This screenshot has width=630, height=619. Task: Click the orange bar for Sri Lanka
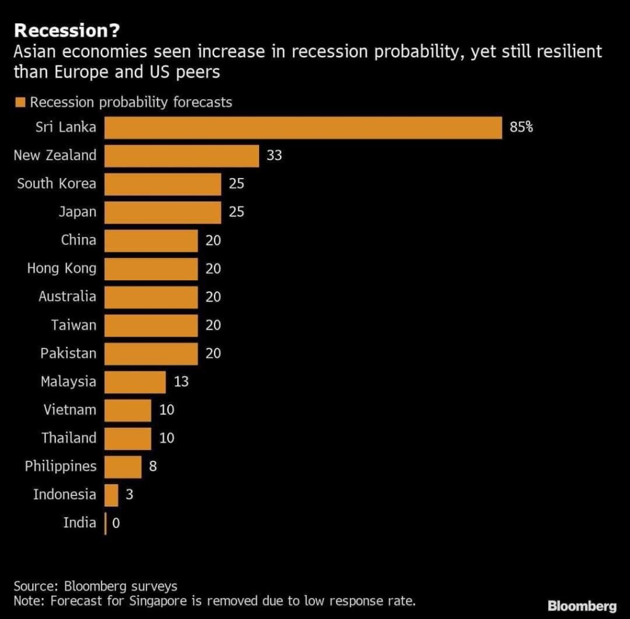tap(303, 127)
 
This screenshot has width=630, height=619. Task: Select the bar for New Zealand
tap(181, 156)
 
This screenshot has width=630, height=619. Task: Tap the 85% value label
tap(521, 127)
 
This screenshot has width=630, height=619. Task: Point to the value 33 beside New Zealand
tap(274, 156)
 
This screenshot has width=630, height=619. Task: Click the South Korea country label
tap(57, 184)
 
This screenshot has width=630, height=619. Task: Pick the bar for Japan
tap(162, 212)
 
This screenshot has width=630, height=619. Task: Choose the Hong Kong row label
tap(62, 268)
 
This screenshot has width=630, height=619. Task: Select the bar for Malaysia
tap(135, 382)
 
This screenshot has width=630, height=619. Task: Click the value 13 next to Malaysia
tap(181, 382)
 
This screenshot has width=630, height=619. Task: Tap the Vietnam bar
tap(127, 410)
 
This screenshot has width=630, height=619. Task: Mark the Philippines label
tap(60, 466)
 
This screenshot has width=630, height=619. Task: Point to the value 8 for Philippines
tap(153, 466)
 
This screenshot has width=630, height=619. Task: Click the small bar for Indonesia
tap(111, 495)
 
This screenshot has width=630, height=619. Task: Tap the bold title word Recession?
tap(54, 31)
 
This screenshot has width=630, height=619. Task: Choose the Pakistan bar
tap(151, 354)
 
